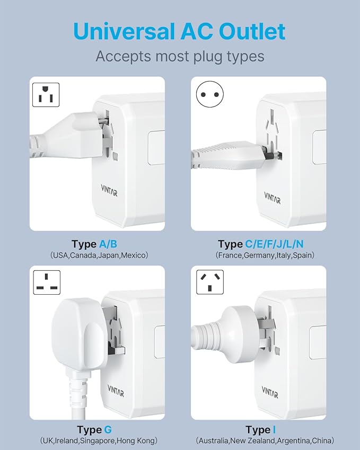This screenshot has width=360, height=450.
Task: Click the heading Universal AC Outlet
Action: tap(180, 31)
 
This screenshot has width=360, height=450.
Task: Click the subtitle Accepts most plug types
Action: tap(180, 56)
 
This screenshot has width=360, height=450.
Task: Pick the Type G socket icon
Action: tap(47, 283)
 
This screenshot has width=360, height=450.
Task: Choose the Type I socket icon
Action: tap(209, 283)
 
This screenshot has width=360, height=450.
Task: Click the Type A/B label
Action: tap(94, 244)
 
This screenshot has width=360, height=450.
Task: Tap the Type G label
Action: tap(94, 429)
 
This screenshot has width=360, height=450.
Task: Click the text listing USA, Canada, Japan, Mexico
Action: tap(99, 255)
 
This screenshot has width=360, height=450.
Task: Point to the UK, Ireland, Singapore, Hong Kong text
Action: tap(99, 440)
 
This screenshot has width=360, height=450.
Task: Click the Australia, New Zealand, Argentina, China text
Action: tap(265, 440)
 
